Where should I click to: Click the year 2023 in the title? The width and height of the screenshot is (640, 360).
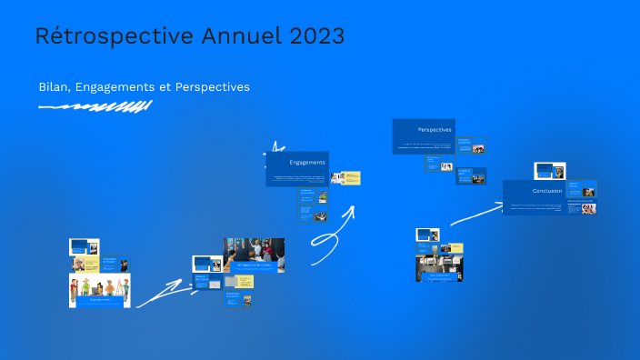point(317,36)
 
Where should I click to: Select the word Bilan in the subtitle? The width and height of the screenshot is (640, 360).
point(55,86)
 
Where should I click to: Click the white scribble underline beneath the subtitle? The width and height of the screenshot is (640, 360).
point(95,107)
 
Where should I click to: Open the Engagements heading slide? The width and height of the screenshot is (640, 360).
point(297,167)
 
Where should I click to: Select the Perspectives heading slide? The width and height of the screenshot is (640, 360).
point(423,135)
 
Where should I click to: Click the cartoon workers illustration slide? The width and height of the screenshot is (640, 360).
point(99,290)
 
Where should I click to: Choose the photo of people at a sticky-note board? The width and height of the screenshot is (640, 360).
point(254,255)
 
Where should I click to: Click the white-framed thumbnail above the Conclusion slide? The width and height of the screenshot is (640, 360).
point(549,171)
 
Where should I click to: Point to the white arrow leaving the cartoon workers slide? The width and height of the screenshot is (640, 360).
point(161,295)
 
